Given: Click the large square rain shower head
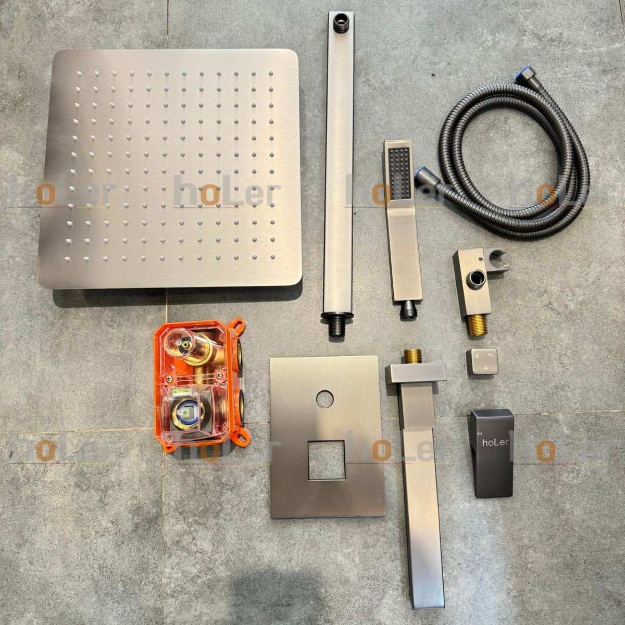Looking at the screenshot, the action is click(170, 169).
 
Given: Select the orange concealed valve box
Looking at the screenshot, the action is click(200, 383).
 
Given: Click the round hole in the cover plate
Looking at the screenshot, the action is click(324, 399).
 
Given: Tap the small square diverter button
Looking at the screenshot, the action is click(483, 362).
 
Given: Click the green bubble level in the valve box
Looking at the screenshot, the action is click(186, 393).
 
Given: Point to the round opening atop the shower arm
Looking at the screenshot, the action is click(342, 18).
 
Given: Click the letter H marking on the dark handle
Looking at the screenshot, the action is click(479, 433).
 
